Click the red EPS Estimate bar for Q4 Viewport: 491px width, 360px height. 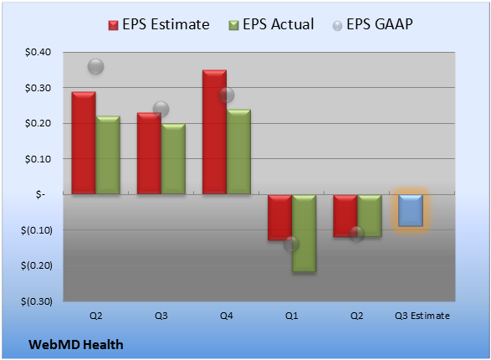click(x=214, y=132)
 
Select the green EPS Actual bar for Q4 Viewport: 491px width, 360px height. click(x=238, y=152)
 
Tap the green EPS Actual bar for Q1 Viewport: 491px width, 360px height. click(x=304, y=233)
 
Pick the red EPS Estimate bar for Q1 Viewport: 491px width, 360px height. click(x=280, y=218)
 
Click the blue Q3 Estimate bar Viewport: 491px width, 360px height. click(x=411, y=210)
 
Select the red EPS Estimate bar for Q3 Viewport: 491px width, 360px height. click(x=149, y=153)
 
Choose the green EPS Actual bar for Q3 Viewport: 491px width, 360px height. click(x=173, y=159)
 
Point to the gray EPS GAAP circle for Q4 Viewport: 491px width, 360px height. click(x=227, y=95)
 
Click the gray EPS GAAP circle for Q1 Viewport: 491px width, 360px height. click(x=292, y=244)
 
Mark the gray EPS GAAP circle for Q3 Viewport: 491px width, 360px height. click(x=161, y=109)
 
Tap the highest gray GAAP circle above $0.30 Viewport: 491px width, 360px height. click(x=96, y=66)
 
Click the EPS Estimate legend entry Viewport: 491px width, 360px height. click(x=159, y=24)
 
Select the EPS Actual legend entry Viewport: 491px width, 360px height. click(x=271, y=24)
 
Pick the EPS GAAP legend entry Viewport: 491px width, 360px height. click(x=372, y=24)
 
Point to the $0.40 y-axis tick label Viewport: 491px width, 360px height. click(x=38, y=52)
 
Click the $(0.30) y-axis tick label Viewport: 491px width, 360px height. click(x=37, y=301)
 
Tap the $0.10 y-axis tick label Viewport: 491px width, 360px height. click(x=38, y=159)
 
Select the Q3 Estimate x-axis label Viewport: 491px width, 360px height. click(x=422, y=316)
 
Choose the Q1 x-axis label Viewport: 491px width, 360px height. click(x=292, y=316)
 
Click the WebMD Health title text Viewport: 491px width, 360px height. click(x=76, y=345)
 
